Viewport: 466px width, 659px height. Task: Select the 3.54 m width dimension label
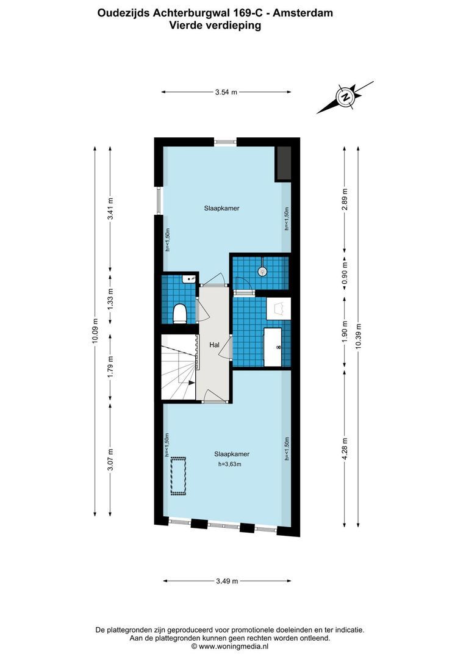point(226,92)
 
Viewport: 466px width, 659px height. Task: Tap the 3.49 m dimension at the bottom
point(226,580)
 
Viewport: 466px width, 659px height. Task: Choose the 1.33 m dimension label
point(110,300)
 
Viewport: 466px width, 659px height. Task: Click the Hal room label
point(214,345)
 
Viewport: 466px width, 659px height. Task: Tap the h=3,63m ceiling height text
point(230,464)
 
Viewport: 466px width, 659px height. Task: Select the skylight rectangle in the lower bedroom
point(178,475)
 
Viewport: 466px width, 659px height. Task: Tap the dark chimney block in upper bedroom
point(283,163)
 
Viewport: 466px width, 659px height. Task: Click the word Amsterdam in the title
point(306,12)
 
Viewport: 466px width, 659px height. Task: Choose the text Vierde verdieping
point(215,26)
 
